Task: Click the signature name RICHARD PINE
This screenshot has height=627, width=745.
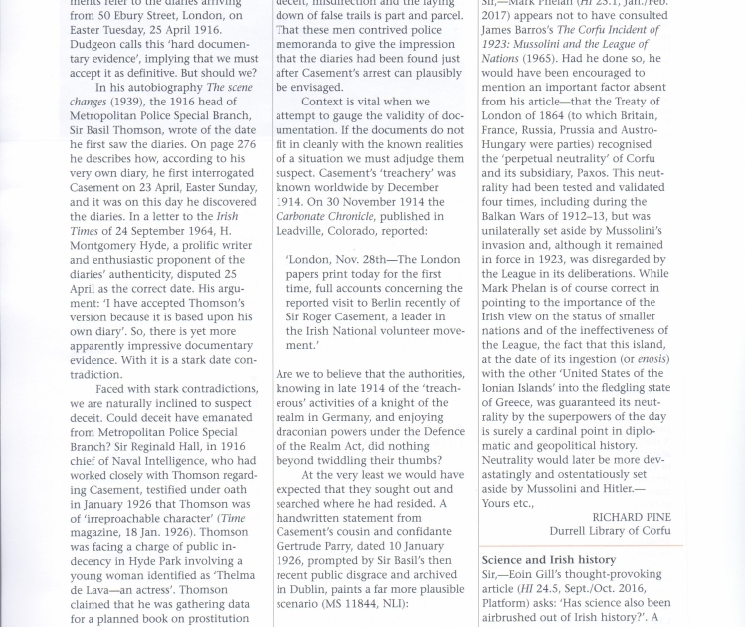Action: [632, 517]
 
